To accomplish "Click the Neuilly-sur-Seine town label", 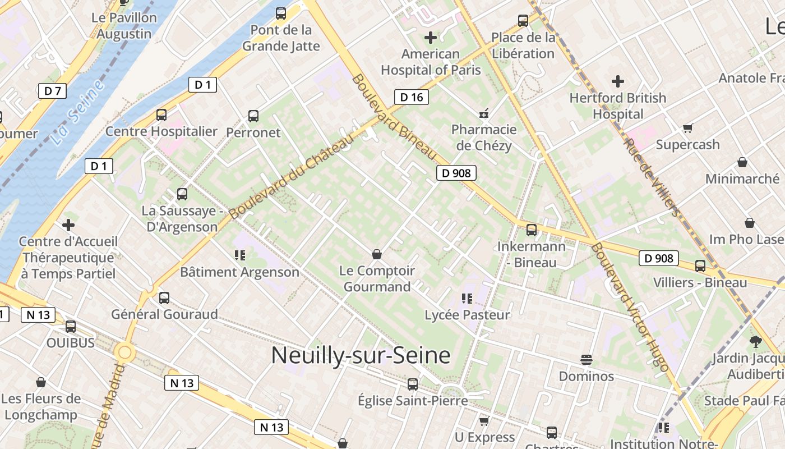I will point(361,356).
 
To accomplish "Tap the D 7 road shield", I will point(53,90).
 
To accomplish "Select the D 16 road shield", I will point(411,97).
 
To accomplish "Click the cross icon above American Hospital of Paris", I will point(431,38).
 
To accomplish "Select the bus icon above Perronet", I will point(253,116).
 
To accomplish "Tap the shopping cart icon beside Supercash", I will point(688,129).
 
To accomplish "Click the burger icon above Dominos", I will point(587,360).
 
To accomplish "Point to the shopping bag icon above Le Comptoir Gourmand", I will point(377,255).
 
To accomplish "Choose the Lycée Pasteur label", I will point(468,315).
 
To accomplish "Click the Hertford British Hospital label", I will point(618,106).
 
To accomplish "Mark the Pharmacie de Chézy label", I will point(484,138).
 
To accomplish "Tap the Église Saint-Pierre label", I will point(413,401).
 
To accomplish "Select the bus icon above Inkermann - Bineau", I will point(532,230).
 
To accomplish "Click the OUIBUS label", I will point(71,342).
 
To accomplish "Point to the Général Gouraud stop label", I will point(164,314).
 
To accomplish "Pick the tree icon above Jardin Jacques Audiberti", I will point(756,341).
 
